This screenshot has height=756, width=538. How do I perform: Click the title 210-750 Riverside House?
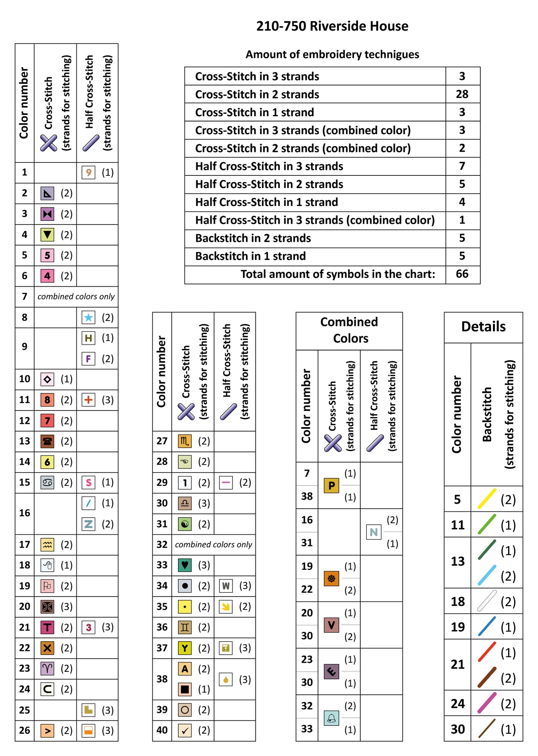point(332,26)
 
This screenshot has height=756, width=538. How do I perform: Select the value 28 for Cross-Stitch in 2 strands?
point(462,94)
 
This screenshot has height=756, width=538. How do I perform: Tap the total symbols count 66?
point(462,274)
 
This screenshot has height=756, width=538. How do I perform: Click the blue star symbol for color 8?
point(88,317)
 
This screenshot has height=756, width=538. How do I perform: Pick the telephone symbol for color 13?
point(47,441)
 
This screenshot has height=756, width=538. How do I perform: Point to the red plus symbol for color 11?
point(88,400)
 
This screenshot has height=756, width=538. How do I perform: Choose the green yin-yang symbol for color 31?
point(185,524)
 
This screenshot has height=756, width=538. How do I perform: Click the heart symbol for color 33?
point(185,565)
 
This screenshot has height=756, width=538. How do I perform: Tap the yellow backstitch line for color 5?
point(487,499)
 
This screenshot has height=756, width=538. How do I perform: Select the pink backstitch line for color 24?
point(487,703)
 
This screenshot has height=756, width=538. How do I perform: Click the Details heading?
point(483,327)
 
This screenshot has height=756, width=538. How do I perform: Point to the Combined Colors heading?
point(349,330)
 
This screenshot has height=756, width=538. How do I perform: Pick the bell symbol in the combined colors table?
point(331,718)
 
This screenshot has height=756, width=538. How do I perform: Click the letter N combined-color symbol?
point(373,532)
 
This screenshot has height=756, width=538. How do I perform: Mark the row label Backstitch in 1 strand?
point(251,256)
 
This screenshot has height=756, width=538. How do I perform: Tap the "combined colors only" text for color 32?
point(213,544)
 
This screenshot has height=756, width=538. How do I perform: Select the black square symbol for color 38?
point(185,689)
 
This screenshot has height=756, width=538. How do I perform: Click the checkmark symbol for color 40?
point(185,730)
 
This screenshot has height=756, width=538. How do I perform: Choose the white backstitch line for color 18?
point(487,601)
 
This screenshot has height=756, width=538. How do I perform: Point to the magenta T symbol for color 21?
point(47,628)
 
